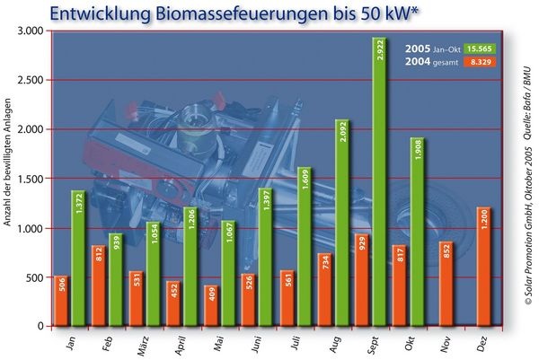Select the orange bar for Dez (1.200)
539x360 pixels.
483,266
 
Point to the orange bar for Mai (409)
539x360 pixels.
210,305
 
